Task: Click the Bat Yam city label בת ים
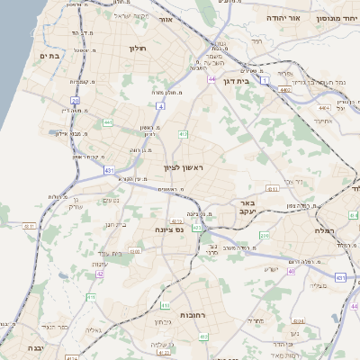click(48, 56)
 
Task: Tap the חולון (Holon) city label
click(137, 49)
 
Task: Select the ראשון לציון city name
click(185, 168)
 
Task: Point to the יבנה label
click(34, 346)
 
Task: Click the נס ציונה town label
click(169, 229)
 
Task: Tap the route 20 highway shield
click(76, 100)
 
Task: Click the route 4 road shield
click(160, 106)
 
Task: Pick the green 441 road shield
click(107, 121)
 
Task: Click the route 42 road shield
click(100, 274)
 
